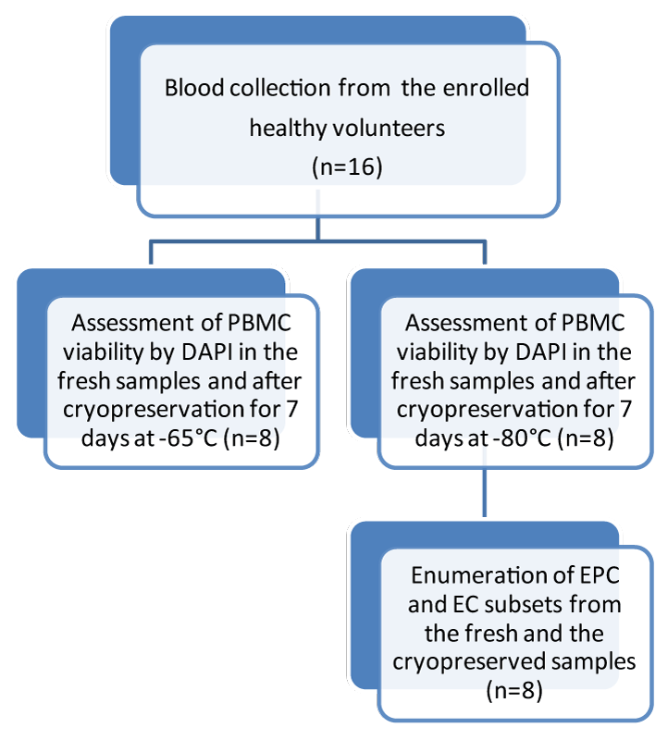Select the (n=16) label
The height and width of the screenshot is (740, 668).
(x=347, y=167)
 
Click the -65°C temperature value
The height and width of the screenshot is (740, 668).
(x=188, y=438)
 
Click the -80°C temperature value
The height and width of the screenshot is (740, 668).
(x=522, y=438)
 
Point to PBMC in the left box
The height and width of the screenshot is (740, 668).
(x=259, y=323)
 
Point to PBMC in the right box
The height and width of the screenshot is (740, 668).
(x=593, y=323)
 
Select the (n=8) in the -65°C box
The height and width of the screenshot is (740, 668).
(x=251, y=438)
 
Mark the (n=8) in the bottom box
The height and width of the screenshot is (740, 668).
(x=514, y=691)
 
